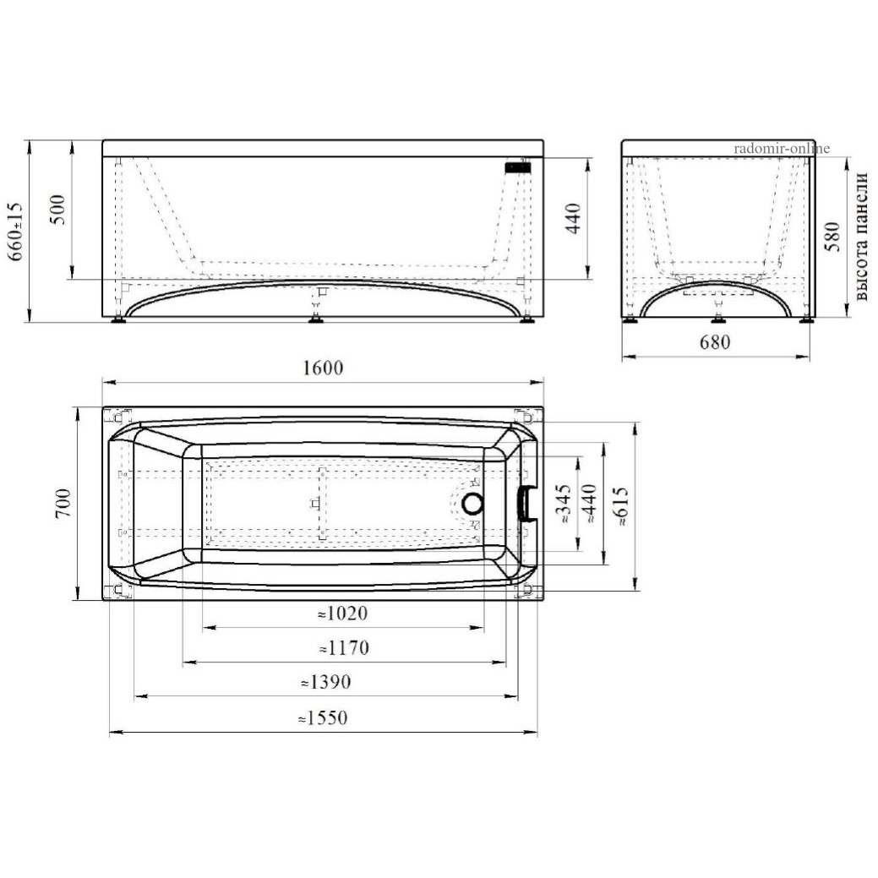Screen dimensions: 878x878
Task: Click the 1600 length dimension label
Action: click(323, 368)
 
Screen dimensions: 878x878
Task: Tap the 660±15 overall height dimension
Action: click(16, 232)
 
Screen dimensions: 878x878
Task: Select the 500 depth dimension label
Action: click(57, 210)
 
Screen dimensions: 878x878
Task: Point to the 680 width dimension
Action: click(715, 341)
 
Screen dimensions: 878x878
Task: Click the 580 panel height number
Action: click(833, 237)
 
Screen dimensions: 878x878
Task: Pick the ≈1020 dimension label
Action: click(343, 614)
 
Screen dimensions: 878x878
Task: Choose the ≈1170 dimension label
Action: click(344, 648)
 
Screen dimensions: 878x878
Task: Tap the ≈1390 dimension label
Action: click(326, 682)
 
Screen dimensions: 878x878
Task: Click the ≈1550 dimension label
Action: click(323, 717)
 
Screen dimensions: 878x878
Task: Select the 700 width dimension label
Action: click(63, 503)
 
